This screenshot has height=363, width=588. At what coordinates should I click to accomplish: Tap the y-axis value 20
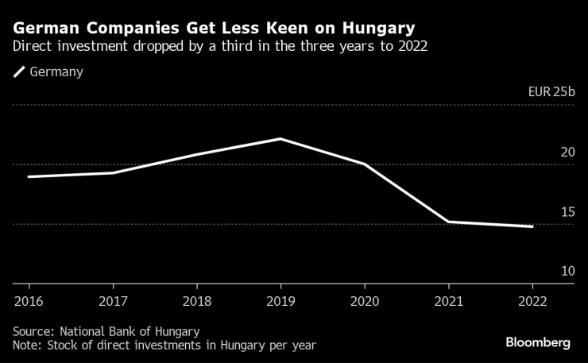pyautogui.click(x=567, y=152)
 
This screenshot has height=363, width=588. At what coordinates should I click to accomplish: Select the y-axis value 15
pyautogui.click(x=567, y=211)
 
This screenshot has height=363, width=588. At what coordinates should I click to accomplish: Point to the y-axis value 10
pyautogui.click(x=567, y=271)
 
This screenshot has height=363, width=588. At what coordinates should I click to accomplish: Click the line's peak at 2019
pyautogui.click(x=280, y=139)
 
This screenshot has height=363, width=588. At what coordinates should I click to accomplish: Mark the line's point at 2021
pyautogui.click(x=448, y=222)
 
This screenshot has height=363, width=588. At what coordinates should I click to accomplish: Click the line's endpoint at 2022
pyautogui.click(x=532, y=226)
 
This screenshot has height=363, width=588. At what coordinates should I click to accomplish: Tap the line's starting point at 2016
pyautogui.click(x=29, y=176)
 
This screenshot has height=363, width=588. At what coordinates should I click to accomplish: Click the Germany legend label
pyautogui.click(x=56, y=72)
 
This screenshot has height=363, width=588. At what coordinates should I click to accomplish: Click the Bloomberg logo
pyautogui.click(x=538, y=342)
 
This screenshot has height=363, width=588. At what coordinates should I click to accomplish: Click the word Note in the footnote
pyautogui.click(x=27, y=345)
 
